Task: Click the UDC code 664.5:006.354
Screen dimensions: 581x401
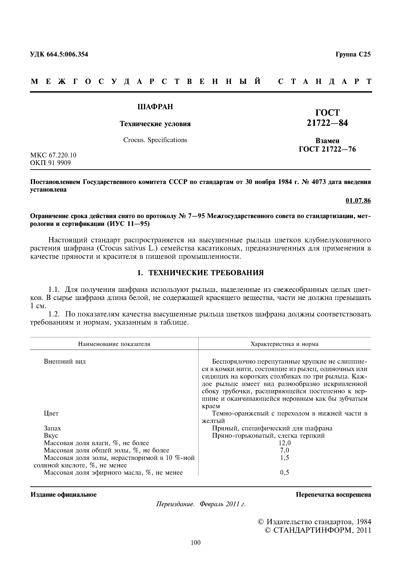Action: pyautogui.click(x=59, y=54)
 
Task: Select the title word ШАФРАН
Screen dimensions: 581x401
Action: pyautogui.click(x=155, y=107)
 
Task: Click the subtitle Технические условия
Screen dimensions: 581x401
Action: pyautogui.click(x=155, y=124)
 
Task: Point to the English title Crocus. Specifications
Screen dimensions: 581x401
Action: pyautogui.click(x=155, y=140)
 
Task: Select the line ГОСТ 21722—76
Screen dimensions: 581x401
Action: pyautogui.click(x=327, y=149)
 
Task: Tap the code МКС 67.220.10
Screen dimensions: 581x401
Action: pyautogui.click(x=53, y=155)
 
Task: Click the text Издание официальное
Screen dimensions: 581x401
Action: pyautogui.click(x=63, y=495)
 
